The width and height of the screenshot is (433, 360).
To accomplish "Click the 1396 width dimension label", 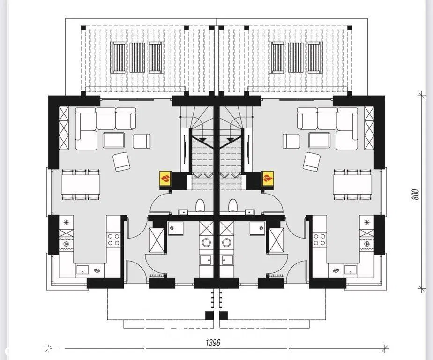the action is pos(213,343).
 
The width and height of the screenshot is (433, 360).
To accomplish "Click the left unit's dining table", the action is pos(80,185).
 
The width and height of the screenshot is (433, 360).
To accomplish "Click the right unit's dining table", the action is pos(352,185).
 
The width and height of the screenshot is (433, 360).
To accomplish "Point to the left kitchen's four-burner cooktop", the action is pos(114,240).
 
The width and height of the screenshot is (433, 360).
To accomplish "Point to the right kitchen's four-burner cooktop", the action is pos(319,240).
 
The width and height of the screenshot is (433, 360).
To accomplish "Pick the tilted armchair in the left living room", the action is pos(121,162).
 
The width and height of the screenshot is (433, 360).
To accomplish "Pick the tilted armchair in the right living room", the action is pos(312,162).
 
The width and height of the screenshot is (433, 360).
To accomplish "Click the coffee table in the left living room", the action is pos(114,140).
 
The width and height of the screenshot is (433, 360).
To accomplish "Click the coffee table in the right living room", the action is pos(320,140).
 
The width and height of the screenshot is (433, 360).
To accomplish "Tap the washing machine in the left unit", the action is pos(206,243).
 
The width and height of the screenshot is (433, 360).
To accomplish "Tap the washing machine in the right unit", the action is pos(227,243).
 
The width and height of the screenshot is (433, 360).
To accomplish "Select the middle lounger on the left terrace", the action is pos(137,58).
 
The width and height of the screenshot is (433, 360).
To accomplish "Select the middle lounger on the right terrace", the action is pos(296,58).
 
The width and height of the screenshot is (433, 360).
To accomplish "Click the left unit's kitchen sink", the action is pos(82,269).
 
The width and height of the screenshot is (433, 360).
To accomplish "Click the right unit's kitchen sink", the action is pos(350,269).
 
